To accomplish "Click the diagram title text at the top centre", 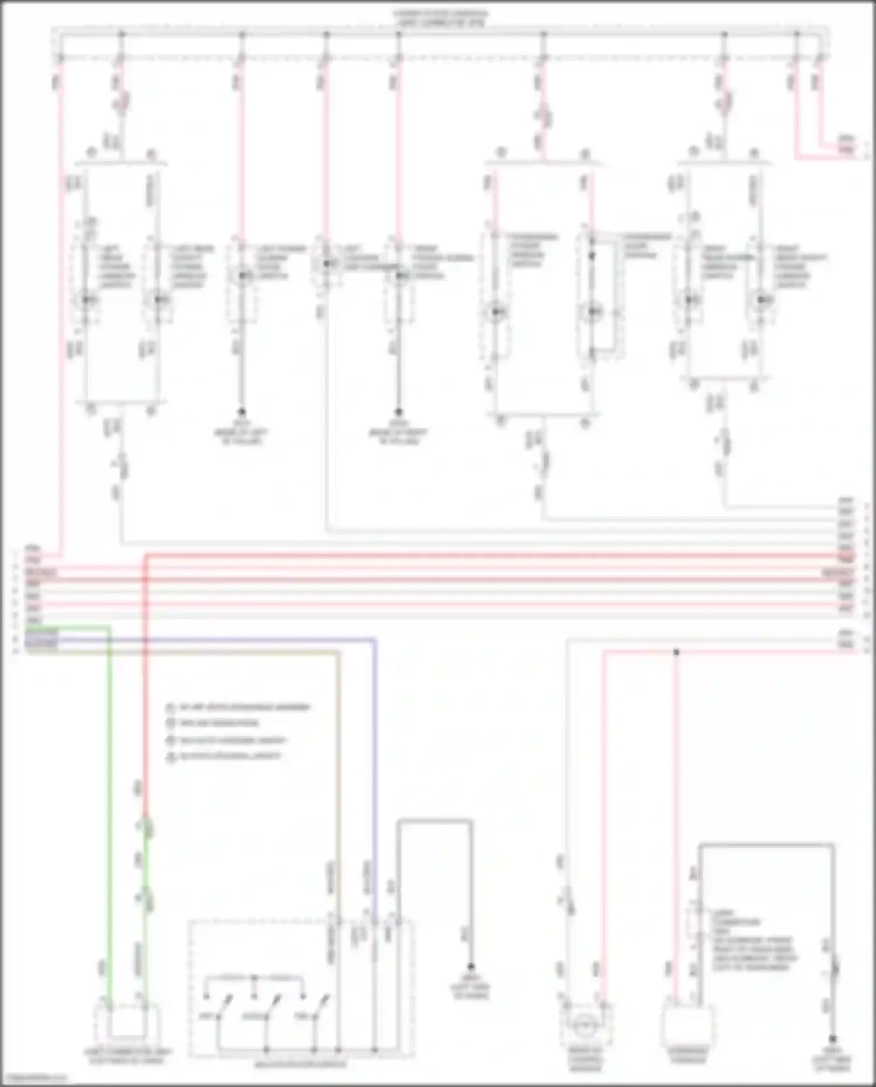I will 441,18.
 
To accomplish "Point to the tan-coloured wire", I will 338,759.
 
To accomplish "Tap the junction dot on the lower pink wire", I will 676,651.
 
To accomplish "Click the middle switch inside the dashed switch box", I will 266,1010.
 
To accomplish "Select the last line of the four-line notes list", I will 225,756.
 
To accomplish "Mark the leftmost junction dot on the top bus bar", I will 121,34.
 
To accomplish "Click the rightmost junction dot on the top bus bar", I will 797,34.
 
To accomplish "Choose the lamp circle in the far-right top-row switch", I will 761,300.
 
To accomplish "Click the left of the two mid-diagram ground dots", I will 241,412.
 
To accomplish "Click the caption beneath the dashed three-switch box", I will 300,1064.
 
